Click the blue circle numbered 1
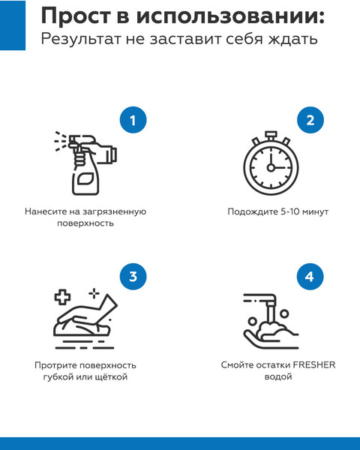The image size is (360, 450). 133,120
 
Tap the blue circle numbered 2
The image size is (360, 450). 309,120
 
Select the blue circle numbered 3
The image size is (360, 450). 133,277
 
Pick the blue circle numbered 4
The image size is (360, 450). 309,277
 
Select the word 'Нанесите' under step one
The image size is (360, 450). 46,211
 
